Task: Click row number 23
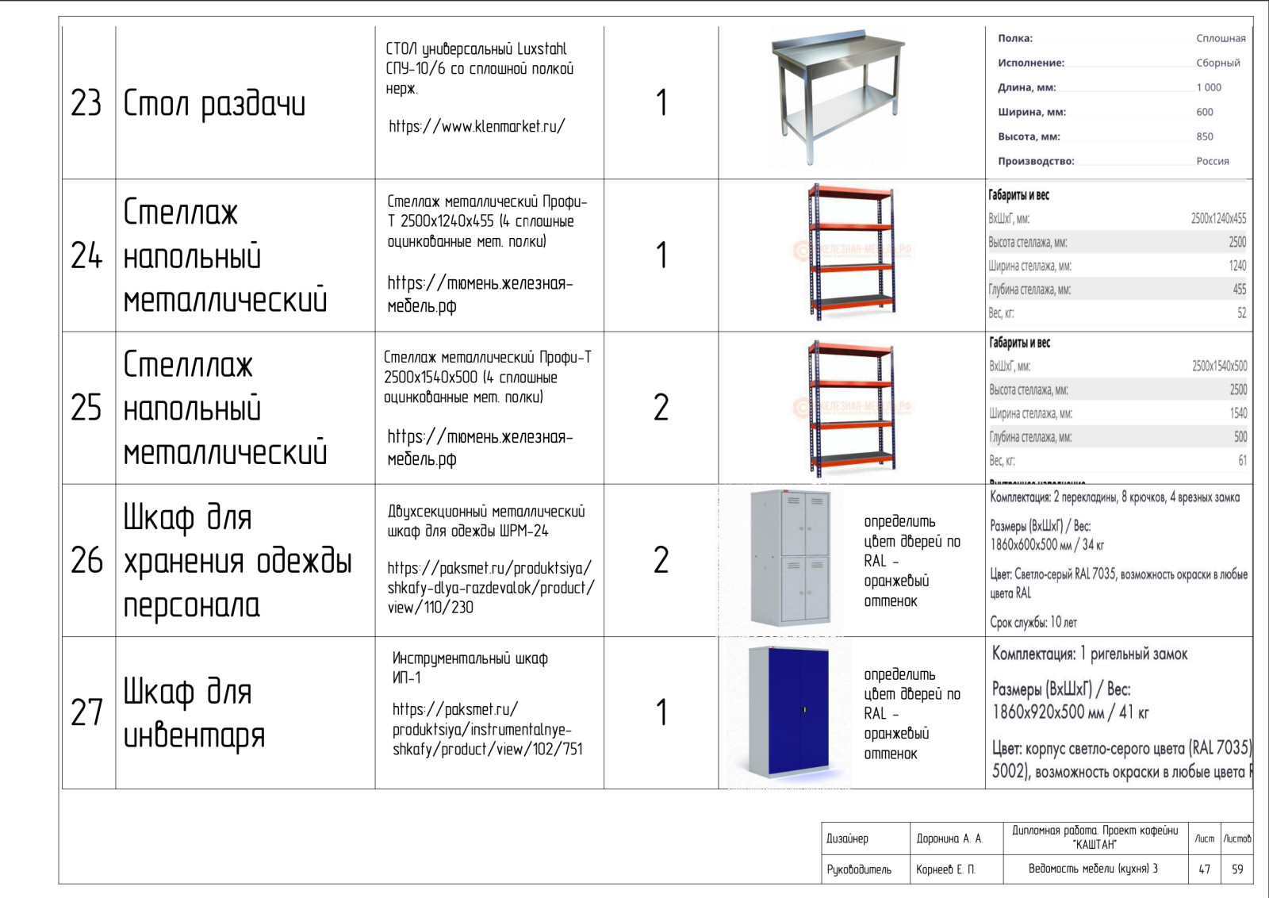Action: (x=86, y=103)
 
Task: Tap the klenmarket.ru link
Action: (x=477, y=126)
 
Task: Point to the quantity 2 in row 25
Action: (x=661, y=408)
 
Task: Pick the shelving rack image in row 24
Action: (x=850, y=253)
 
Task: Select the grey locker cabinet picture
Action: (x=790, y=558)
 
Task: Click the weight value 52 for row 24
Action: (x=1241, y=313)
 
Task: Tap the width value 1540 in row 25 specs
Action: (x=1238, y=413)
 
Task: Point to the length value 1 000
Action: (x=1209, y=87)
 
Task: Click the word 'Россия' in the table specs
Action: (x=1213, y=161)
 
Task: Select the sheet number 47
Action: (x=1204, y=869)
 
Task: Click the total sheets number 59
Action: (x=1237, y=869)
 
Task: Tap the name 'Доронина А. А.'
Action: (x=949, y=839)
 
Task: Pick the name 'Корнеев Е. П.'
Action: (x=945, y=869)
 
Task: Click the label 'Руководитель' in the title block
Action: (x=859, y=869)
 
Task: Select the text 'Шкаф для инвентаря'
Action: (x=194, y=713)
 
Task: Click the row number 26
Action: (x=86, y=561)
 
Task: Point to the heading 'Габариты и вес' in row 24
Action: (x=1018, y=195)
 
